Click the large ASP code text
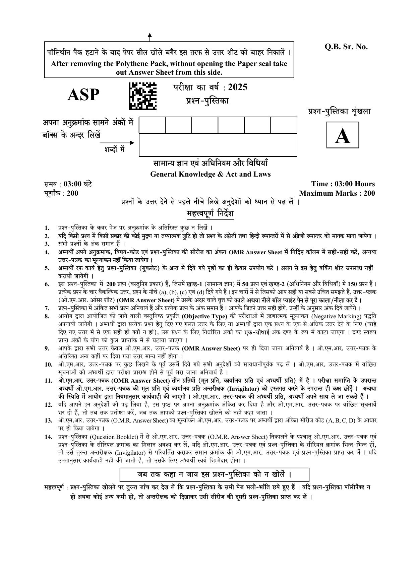(x=83, y=95)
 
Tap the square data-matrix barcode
(x=142, y=96)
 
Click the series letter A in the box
(x=342, y=135)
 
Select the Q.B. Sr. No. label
(x=346, y=47)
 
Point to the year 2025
(x=237, y=87)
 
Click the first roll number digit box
(x=152, y=125)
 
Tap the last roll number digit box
(x=284, y=125)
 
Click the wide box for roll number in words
(x=218, y=145)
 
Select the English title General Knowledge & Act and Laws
(x=210, y=174)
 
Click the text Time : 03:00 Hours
(x=343, y=184)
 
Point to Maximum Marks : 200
(x=337, y=193)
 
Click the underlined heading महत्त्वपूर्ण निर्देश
(x=210, y=214)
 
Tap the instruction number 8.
(x=47, y=316)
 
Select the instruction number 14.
(x=48, y=437)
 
